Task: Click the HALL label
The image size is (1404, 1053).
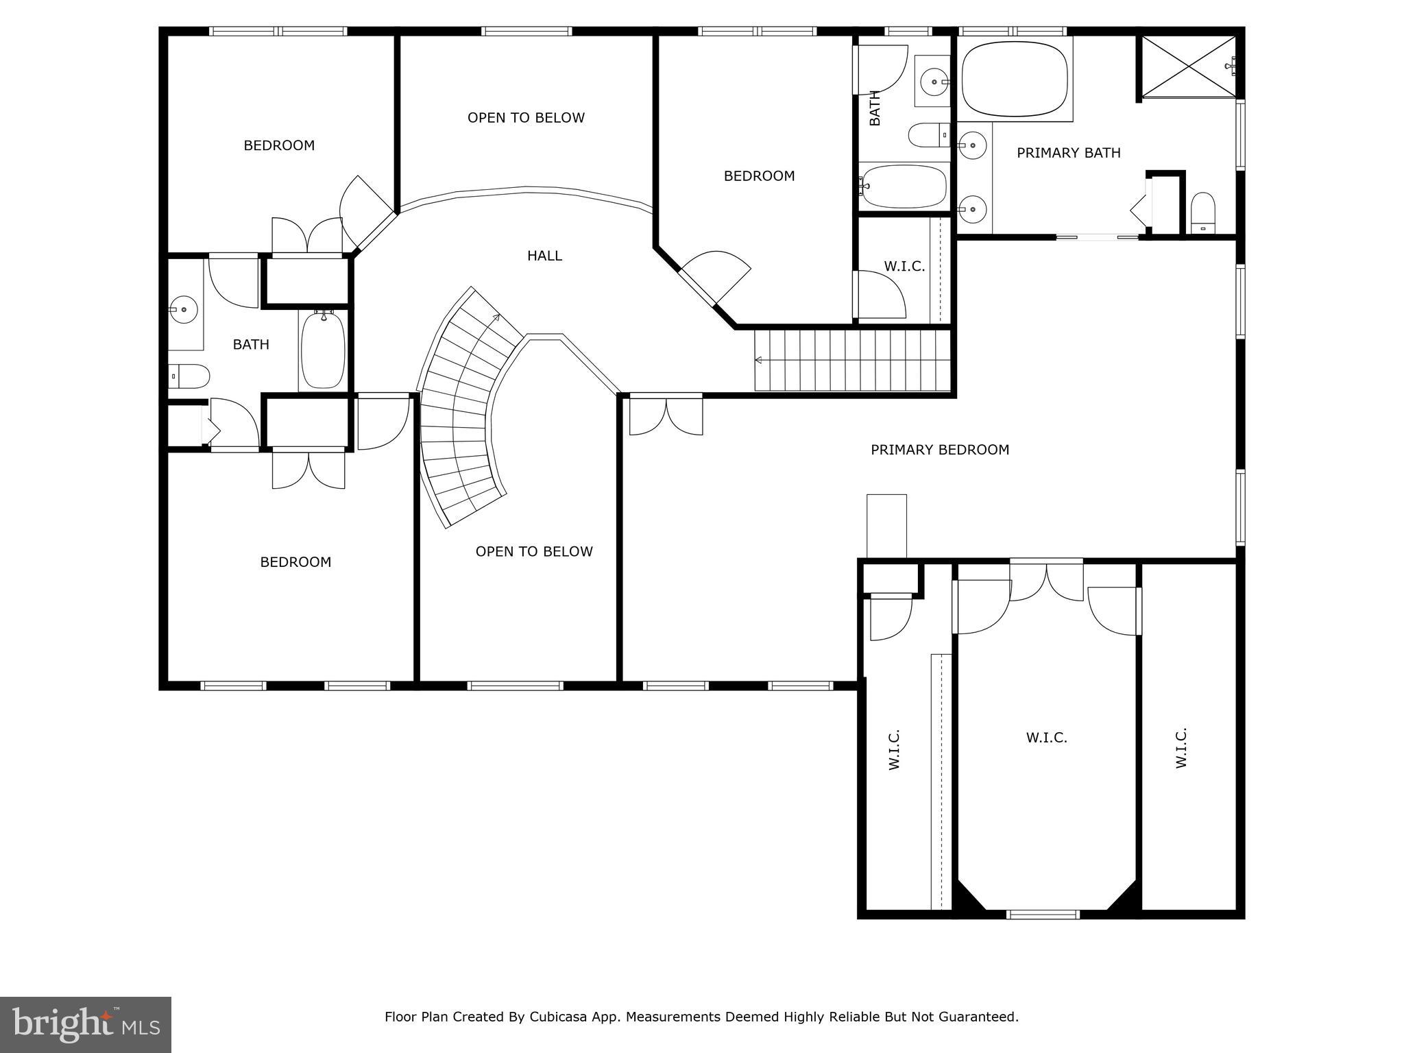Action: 544,256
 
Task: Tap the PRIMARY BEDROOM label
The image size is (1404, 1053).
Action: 939,450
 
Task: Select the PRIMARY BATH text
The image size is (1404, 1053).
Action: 1068,153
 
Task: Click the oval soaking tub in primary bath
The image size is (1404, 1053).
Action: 1015,80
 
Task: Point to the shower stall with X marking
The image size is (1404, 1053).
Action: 1188,66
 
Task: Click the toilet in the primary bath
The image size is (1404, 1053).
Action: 1202,213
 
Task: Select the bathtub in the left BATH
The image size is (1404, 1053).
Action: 323,350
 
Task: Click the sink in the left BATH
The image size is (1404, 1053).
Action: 184,310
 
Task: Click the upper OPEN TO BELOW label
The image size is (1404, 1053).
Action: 526,118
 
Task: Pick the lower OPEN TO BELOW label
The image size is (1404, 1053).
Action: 534,551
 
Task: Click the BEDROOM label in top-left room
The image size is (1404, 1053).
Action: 279,145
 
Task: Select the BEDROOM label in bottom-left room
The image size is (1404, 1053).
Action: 295,562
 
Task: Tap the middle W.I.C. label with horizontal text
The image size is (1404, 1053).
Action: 1046,738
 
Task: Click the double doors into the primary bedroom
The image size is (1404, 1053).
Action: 666,415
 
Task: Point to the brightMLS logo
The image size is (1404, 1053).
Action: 86,1024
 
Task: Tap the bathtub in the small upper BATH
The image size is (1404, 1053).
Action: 904,186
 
